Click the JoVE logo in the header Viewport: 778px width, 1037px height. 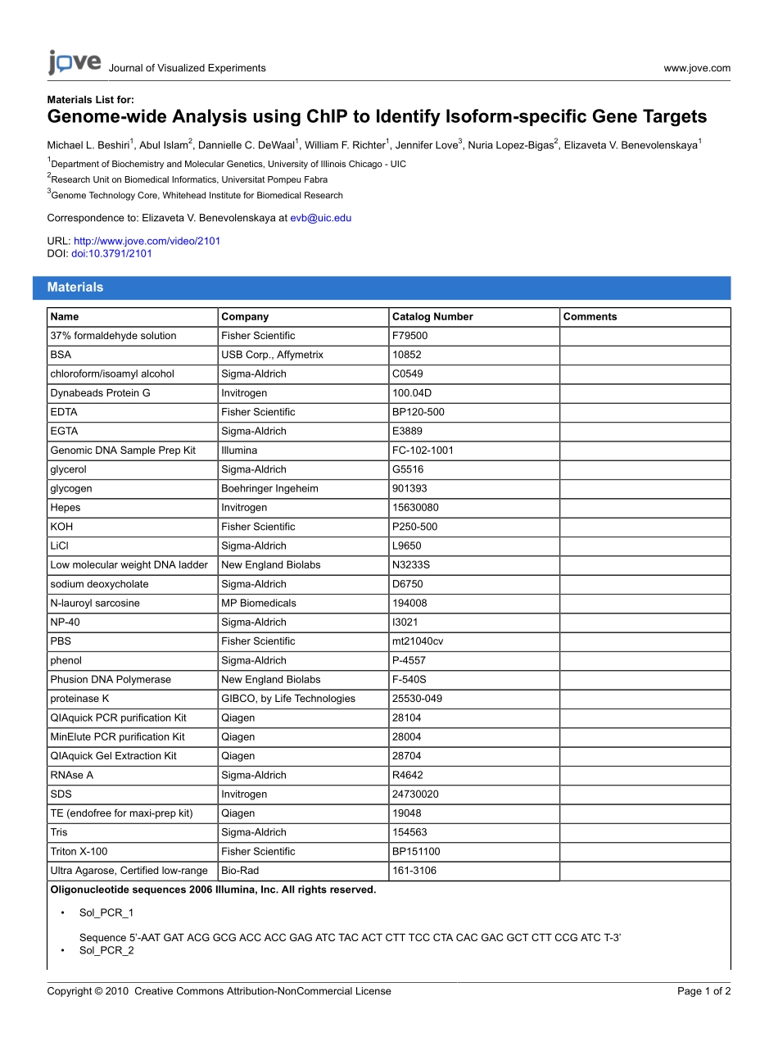pyautogui.click(x=75, y=63)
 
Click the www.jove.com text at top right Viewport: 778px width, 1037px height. pyautogui.click(x=697, y=68)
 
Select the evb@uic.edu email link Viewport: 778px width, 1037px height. pyautogui.click(x=320, y=218)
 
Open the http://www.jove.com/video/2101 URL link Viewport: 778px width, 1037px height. pyautogui.click(x=147, y=241)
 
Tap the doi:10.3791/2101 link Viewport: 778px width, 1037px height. pyautogui.click(x=111, y=253)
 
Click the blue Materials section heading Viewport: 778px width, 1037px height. pyautogui.click(x=75, y=288)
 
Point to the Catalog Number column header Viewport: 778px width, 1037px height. pyautogui.click(x=432, y=317)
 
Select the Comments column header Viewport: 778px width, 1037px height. pyautogui.click(x=590, y=317)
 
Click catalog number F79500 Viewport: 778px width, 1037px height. pyautogui.click(x=409, y=336)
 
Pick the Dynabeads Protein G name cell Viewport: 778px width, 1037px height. pyautogui.click(x=100, y=393)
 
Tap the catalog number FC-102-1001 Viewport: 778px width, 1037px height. pyautogui.click(x=423, y=451)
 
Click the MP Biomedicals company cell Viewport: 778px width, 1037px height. pyautogui.click(x=259, y=604)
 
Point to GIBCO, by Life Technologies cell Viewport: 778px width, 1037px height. pyautogui.click(x=288, y=699)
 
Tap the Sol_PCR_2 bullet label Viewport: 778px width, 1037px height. pyautogui.click(x=106, y=950)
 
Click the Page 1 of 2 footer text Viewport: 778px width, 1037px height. pyautogui.click(x=703, y=991)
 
